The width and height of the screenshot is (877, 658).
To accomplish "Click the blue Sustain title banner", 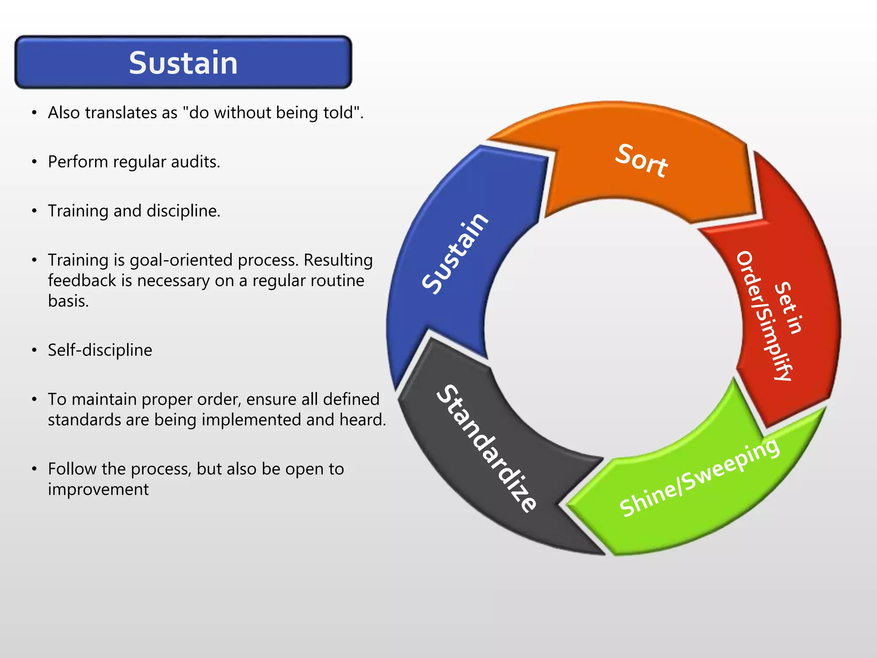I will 183,63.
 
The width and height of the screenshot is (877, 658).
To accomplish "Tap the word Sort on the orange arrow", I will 641,161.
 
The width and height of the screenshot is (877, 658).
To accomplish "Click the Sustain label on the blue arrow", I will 455,253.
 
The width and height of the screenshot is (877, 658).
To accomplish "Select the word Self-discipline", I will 100,350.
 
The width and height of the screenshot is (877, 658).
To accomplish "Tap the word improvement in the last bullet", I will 98,489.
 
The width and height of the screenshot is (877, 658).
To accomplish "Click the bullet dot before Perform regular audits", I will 34,162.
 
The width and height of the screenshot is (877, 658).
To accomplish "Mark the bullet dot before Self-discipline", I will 34,350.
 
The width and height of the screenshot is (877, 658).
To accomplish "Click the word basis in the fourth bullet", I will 68,301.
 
